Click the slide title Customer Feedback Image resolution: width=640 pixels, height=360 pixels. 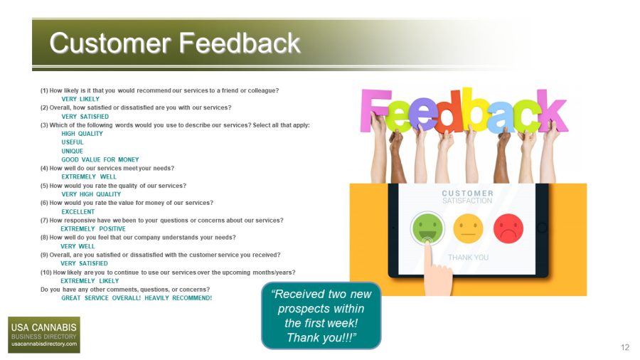[175, 43]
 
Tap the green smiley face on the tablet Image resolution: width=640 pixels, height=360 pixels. [427, 228]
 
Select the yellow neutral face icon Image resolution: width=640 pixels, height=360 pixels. [468, 228]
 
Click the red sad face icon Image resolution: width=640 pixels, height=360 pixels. [508, 228]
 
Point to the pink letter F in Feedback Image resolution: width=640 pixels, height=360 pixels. [374, 110]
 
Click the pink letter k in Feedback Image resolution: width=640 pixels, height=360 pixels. [552, 110]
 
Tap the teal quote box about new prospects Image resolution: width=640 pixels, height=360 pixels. [321, 315]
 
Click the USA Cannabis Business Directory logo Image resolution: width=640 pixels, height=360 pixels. [44, 334]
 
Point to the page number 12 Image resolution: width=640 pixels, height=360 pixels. [625, 347]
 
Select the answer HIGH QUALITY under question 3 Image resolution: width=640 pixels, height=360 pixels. [82, 134]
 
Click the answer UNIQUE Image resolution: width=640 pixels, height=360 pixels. [73, 151]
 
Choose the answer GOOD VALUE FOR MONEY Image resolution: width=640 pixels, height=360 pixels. [100, 159]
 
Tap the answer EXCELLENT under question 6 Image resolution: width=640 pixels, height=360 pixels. [78, 212]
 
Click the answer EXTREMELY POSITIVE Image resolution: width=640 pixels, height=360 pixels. [93, 229]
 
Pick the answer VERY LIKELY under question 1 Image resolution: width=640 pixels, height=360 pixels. [80, 99]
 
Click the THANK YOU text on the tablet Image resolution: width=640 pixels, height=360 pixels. [468, 258]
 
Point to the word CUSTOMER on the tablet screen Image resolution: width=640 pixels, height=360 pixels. [467, 193]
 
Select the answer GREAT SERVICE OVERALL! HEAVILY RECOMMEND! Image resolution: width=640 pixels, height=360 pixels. [137, 298]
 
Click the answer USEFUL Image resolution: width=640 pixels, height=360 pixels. [73, 142]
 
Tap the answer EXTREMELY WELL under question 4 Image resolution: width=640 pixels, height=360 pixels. [89, 176]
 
